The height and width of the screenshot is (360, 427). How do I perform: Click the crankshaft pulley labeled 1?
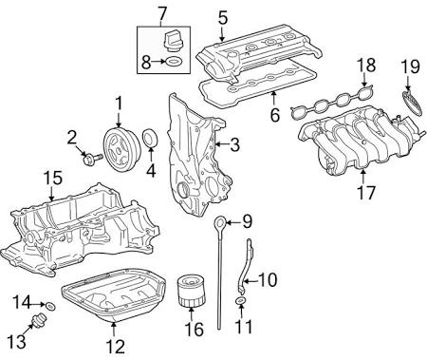point(121,150)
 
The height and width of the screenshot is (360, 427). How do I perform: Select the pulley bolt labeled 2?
point(92,158)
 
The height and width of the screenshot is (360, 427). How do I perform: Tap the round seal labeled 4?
point(150,139)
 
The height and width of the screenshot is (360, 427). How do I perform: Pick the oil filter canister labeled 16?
point(192,292)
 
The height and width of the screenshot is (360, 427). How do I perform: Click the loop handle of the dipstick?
point(219,223)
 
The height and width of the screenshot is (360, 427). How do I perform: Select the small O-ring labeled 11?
point(241,300)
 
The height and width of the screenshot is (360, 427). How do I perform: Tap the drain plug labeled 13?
point(40,319)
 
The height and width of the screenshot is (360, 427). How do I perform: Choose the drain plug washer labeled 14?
point(50,306)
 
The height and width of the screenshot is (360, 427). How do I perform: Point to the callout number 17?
point(365,193)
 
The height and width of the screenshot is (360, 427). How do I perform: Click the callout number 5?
point(223,18)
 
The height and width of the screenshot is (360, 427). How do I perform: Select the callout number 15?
point(52,179)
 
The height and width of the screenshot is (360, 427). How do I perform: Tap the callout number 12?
point(115,346)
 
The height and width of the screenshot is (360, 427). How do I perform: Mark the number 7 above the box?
point(161,13)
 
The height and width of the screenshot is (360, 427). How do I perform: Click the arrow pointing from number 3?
point(222,144)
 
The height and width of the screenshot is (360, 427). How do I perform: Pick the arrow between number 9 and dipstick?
point(233,222)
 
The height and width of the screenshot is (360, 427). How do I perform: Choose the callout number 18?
point(366,66)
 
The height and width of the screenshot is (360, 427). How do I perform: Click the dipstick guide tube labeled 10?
point(246,267)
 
